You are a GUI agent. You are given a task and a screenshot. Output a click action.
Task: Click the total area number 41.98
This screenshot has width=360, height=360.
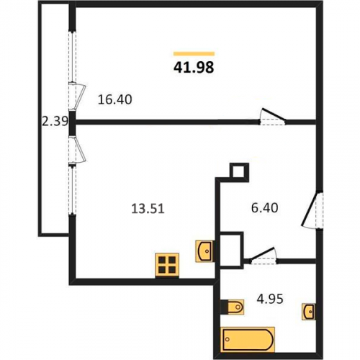[194, 68]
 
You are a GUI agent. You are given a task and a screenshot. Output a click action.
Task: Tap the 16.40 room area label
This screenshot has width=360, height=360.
[115, 99]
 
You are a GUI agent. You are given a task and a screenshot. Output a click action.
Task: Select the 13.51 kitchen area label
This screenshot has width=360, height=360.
[148, 208]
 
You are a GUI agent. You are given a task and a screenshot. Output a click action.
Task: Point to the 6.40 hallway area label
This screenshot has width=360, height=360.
[265, 207]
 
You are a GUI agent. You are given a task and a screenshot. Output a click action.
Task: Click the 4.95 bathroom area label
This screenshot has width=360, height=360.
[270, 299]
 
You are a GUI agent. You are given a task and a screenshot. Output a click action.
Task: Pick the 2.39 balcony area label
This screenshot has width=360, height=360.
[55, 121]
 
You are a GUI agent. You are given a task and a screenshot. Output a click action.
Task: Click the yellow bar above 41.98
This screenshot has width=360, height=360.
[194, 54]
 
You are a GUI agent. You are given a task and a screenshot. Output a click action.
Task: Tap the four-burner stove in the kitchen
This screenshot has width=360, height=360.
[167, 265]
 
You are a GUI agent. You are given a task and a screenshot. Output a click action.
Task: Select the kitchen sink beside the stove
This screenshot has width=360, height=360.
[204, 251]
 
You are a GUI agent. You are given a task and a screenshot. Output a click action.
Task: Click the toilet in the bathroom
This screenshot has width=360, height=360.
[232, 307]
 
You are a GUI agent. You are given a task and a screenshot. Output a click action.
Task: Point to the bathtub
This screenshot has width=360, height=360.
[248, 340]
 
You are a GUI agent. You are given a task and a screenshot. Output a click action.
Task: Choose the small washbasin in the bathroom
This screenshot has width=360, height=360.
[309, 312]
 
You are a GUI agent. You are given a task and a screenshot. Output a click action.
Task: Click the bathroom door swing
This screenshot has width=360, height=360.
[263, 256]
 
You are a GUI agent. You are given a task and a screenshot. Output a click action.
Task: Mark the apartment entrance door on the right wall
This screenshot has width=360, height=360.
[312, 209]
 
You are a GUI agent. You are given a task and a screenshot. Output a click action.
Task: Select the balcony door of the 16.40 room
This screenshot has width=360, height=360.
[76, 96]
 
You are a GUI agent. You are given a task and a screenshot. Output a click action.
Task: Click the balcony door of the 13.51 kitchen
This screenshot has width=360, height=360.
[76, 150]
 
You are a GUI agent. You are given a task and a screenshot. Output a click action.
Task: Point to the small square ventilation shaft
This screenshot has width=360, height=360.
[239, 171]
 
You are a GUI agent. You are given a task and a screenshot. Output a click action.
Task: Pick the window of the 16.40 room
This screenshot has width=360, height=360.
[72, 56]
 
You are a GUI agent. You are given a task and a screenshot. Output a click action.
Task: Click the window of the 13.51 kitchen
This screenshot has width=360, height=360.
[72, 189]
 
